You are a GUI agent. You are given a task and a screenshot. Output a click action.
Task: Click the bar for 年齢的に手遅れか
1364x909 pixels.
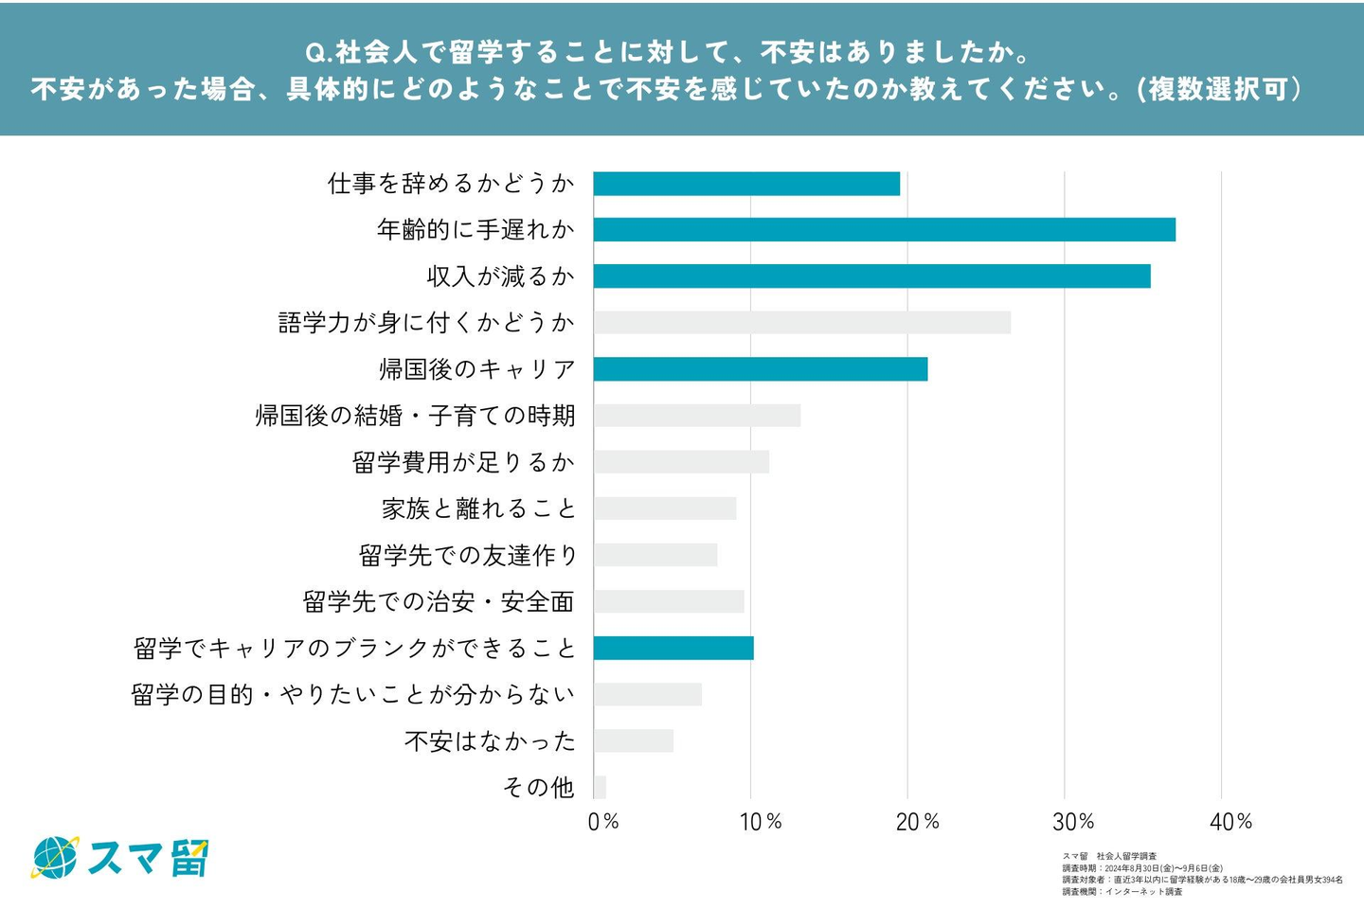884,229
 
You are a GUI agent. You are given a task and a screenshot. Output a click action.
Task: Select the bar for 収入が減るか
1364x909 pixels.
871,276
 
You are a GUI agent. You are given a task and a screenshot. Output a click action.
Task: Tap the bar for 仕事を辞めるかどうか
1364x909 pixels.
746,184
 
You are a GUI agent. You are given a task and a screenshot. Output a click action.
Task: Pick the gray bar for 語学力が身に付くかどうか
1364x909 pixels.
801,322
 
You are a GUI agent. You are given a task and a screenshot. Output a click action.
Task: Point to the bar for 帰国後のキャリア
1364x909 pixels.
761,368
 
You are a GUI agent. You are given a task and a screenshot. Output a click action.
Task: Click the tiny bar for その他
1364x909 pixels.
600,787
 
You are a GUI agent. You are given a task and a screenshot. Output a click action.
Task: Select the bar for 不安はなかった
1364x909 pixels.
634,740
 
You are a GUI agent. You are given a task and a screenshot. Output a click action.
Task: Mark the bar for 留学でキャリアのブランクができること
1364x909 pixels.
673,648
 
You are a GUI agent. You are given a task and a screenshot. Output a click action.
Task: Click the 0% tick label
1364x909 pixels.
603,822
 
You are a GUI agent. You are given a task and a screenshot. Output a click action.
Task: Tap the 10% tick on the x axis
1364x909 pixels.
761,822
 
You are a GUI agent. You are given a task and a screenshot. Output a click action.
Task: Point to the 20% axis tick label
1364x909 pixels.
917,822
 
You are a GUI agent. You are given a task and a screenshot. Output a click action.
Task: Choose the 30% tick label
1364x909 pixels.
1073,822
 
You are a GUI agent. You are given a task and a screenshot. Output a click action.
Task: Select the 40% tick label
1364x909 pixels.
1230,822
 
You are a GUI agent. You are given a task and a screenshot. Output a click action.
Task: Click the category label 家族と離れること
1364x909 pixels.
478,508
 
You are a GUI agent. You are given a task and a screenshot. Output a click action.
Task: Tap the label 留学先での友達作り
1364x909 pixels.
467,555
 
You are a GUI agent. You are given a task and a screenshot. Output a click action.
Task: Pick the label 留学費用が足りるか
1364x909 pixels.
463,462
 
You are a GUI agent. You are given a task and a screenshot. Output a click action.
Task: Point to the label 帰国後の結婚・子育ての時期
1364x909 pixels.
415,416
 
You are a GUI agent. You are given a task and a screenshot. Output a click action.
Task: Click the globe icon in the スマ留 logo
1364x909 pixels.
55,858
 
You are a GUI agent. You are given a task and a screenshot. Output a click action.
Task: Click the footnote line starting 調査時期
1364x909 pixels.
1142,868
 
